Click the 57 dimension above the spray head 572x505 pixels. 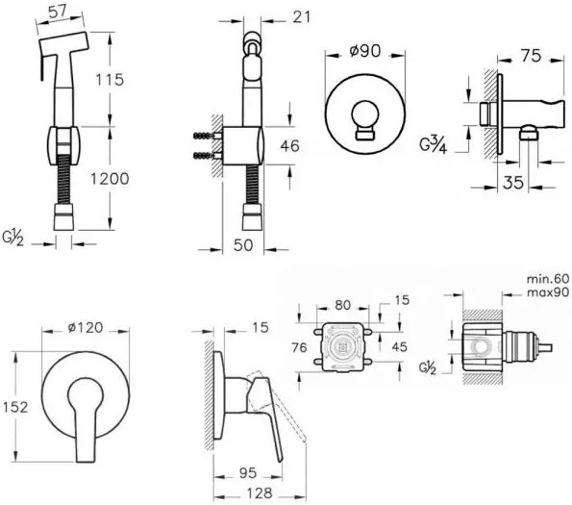[58, 12]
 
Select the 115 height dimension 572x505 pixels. [110, 80]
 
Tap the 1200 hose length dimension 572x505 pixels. [110, 179]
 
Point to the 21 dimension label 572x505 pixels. [302, 16]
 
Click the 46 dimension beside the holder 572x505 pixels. [290, 146]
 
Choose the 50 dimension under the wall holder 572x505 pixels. [243, 245]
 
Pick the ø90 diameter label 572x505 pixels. [364, 51]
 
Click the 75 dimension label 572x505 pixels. [531, 56]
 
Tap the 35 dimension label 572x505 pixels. [513, 183]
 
